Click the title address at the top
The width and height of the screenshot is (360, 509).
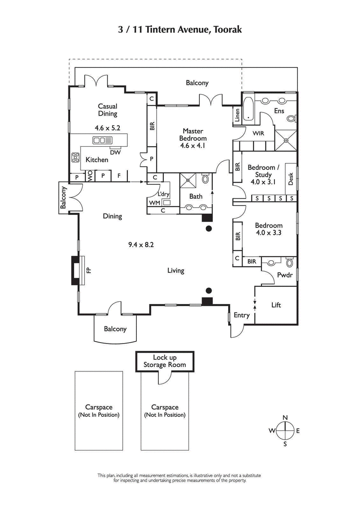(180, 30)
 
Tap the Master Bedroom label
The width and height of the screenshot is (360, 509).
(193, 138)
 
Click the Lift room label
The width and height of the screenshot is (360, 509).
(276, 305)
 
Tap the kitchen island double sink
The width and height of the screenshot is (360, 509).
(102, 141)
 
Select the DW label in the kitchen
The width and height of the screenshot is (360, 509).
(115, 152)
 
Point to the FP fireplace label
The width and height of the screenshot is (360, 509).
(89, 270)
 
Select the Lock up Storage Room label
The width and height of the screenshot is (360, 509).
(164, 361)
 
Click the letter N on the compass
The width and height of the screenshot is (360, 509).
(285, 418)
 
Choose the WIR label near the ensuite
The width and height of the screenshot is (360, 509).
(258, 134)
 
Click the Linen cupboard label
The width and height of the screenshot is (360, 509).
(237, 116)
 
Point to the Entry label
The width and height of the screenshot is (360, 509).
(241, 315)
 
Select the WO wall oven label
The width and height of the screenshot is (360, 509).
(90, 176)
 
